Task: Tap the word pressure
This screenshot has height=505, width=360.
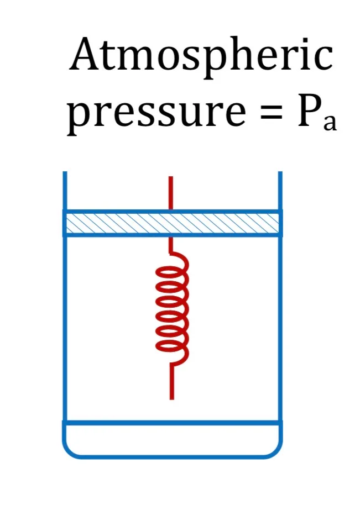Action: (156, 113)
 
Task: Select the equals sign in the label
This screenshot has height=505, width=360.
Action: (272, 114)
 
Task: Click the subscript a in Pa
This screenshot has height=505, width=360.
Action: (330, 122)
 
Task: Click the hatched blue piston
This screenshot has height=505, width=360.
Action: (173, 223)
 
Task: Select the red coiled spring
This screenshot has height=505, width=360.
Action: (172, 309)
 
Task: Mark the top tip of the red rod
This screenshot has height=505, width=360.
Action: (171, 176)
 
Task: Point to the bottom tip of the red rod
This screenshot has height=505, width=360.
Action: (171, 399)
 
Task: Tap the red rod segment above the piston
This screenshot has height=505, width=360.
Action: (171, 193)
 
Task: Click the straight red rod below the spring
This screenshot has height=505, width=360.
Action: (171, 382)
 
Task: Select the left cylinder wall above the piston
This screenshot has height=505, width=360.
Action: (65, 191)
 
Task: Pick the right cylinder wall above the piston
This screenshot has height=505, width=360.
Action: (280, 191)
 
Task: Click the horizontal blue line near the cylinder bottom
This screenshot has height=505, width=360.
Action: (173, 423)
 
